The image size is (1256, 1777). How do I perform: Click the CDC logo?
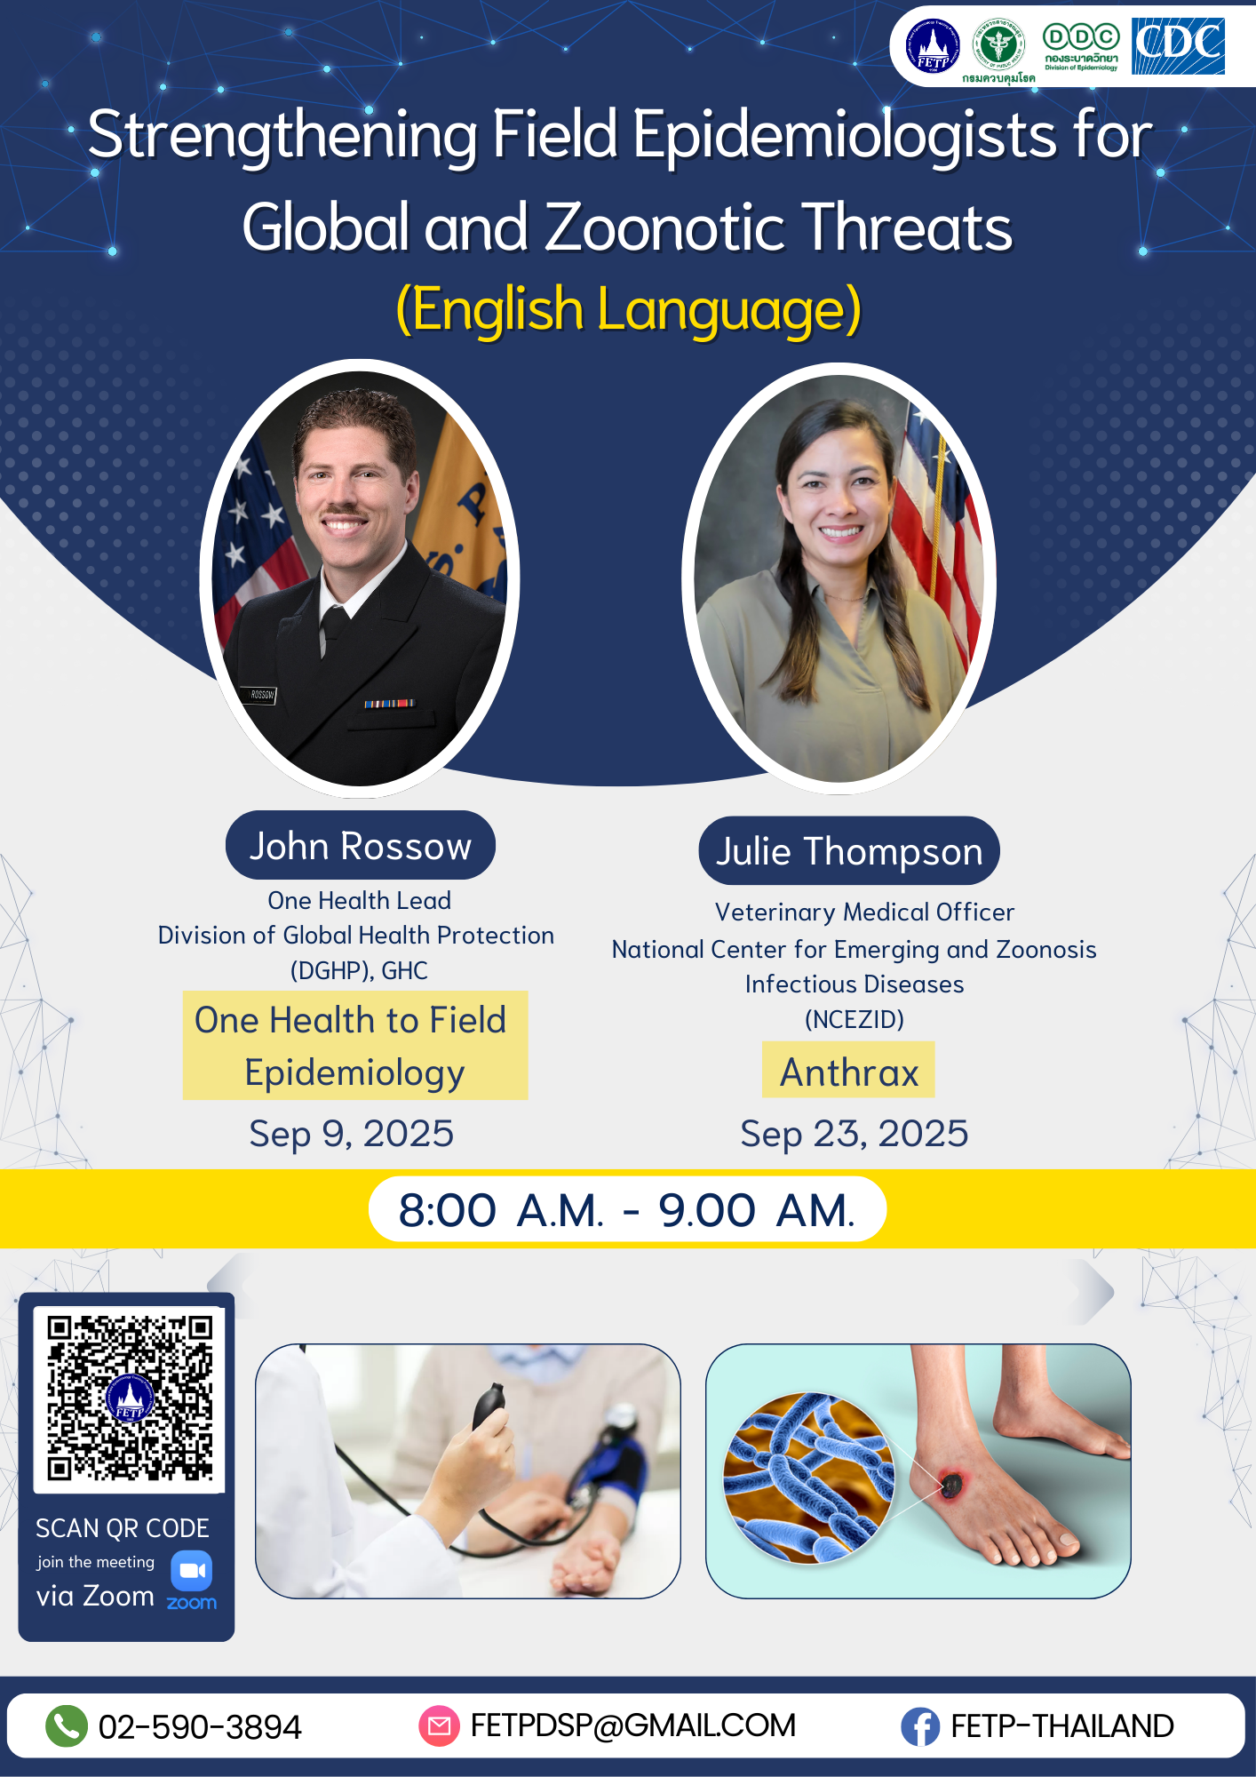(1178, 46)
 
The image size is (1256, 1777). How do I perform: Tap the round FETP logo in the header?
(933, 46)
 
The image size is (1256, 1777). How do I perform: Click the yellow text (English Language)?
(628, 310)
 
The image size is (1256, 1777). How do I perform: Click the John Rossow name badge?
(360, 846)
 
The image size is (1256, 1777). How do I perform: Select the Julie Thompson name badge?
(849, 851)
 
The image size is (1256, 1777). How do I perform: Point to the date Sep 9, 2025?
(352, 1134)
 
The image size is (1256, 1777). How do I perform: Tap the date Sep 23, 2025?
(854, 1134)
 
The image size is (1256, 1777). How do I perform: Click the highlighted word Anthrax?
(848, 1072)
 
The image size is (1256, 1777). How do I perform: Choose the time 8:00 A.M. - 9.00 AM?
(627, 1210)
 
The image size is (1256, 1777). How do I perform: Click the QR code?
(130, 1398)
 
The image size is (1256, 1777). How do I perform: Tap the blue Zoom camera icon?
(192, 1571)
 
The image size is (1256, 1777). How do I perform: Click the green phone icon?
(67, 1725)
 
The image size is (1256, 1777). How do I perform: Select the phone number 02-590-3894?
(200, 1726)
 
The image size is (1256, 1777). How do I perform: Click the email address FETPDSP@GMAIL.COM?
(632, 1725)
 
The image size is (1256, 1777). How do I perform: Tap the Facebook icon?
(920, 1726)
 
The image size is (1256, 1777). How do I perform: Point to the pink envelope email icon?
(439, 1725)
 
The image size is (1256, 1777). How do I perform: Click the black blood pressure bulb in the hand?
(489, 1405)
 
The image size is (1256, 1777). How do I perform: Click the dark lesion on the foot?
(951, 1483)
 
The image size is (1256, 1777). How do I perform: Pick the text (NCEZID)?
(854, 1019)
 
